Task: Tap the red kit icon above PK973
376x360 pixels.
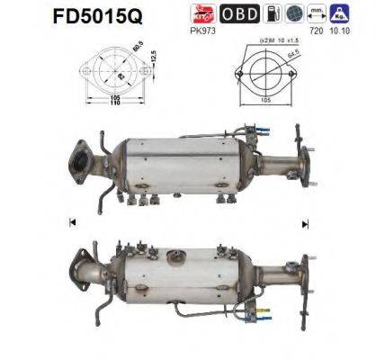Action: click(x=203, y=13)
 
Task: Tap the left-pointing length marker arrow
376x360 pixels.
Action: click(x=69, y=221)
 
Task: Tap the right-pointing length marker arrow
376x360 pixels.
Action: click(x=306, y=221)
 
